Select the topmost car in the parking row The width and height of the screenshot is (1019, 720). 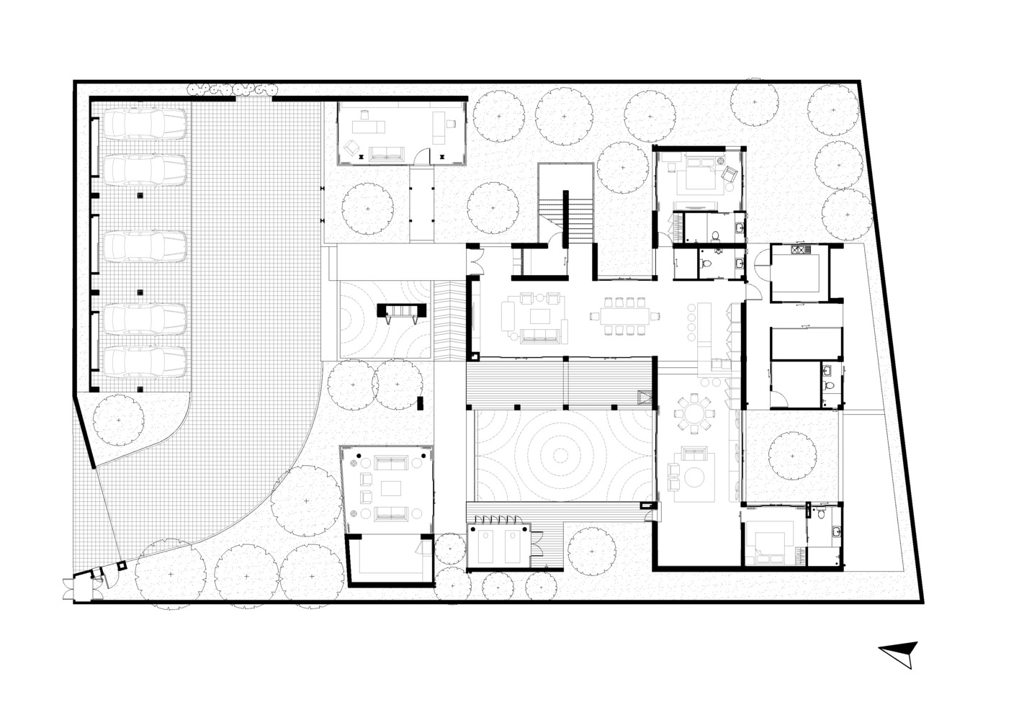point(145,124)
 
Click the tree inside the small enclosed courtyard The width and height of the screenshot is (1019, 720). point(792,454)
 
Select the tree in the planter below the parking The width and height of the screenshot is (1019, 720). point(119,421)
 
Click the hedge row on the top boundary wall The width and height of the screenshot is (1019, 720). point(232,89)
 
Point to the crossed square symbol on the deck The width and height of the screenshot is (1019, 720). point(644,397)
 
